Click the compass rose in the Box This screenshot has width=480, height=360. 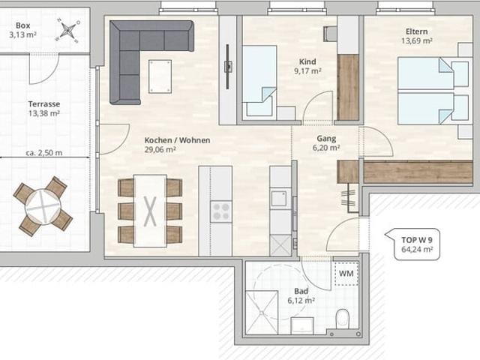pyautogui.click(x=68, y=31)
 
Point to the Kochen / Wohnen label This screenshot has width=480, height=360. pyautogui.click(x=177, y=140)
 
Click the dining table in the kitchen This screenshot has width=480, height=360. pyautogui.click(x=150, y=210)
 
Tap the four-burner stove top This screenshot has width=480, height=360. pyautogui.click(x=222, y=211)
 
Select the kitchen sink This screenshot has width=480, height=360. pyautogui.click(x=279, y=198)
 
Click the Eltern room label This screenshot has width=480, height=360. pyautogui.click(x=417, y=31)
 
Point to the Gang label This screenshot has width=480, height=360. pyautogui.click(x=326, y=138)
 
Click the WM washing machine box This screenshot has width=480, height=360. pyautogui.click(x=346, y=274)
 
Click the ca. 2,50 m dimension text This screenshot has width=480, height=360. pyautogui.click(x=43, y=153)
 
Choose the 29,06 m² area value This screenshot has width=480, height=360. pyautogui.click(x=160, y=150)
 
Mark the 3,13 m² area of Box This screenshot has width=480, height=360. pyautogui.click(x=23, y=34)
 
